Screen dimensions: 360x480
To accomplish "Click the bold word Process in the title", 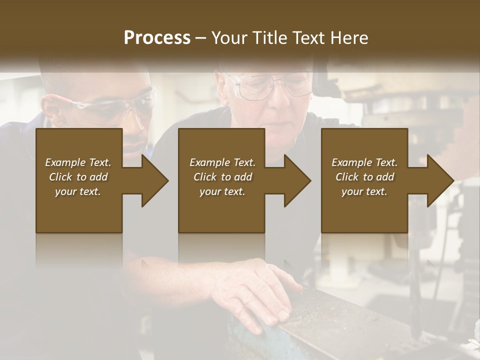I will tap(157, 38).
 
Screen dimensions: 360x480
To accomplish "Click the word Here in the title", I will tap(348, 38).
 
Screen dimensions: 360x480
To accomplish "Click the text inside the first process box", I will tap(78, 177).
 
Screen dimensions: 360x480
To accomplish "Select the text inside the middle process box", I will tap(222, 177).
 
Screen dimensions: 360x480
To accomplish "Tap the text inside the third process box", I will tap(364, 177).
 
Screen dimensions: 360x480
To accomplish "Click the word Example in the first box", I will tap(64, 162).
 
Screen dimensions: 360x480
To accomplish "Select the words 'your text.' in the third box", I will tap(364, 191).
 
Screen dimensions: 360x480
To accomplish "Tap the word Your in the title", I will tap(227, 38).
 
